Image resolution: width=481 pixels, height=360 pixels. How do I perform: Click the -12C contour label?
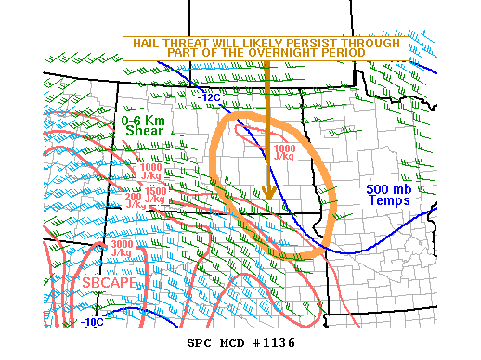209,96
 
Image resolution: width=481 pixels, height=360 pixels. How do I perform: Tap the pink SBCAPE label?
108,283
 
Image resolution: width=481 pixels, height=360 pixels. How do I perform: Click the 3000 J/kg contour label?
121,248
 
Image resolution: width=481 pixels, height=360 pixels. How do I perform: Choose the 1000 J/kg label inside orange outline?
284,152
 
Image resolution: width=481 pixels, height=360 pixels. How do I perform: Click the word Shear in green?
144,132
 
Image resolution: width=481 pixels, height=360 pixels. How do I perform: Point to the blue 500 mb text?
388,188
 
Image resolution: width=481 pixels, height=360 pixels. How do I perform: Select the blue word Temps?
388,199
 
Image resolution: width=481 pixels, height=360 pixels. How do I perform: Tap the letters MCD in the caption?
235,342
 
